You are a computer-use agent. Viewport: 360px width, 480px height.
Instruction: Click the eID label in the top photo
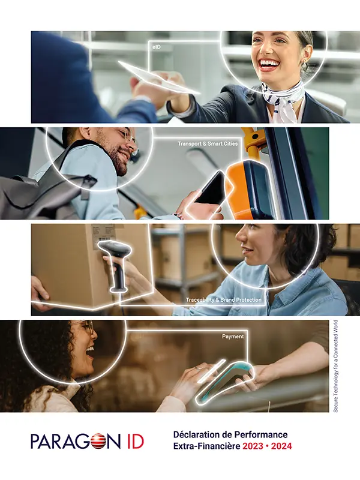[x=157, y=47]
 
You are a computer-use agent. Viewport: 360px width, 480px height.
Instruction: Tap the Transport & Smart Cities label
[x=208, y=143]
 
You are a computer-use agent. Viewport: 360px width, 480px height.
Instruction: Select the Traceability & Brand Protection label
[x=224, y=300]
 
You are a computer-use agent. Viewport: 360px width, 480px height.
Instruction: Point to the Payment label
[x=233, y=337]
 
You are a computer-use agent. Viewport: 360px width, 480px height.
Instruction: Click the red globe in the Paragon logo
[x=97, y=442]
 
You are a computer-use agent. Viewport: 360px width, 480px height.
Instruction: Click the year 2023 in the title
[x=253, y=446]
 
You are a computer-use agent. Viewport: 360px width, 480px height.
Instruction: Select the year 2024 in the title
[x=281, y=446]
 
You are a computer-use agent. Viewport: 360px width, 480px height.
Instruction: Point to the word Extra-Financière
[x=206, y=446]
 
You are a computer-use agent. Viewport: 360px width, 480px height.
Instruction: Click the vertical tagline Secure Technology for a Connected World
[x=335, y=366]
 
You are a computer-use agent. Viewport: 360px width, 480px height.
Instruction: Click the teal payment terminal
[x=226, y=381]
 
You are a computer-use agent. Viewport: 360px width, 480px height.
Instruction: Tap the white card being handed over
[x=159, y=78]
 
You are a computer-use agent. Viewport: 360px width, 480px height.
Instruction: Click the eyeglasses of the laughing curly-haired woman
[x=86, y=327]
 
